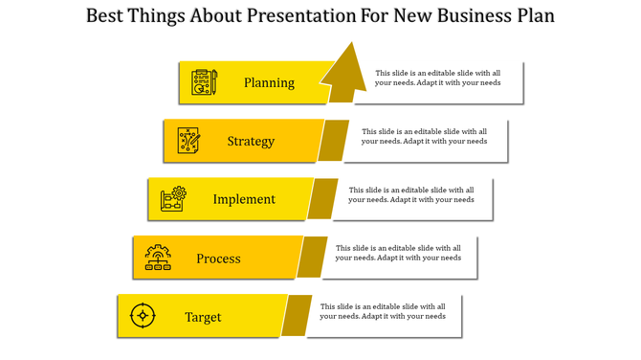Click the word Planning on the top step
pos(269,82)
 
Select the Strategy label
pos(251,142)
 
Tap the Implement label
pos(244,199)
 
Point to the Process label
pos(218,259)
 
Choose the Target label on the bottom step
pos(203,317)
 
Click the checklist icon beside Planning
pos(204,82)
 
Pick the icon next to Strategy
pos(188,141)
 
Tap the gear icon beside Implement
pos(173,199)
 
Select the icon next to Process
pos(158,259)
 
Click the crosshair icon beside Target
pos(143,315)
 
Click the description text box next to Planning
pos(437,78)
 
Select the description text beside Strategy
pos(424,136)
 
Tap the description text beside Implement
pos(410,194)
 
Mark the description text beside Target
pos(383,311)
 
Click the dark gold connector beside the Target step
pos(297,316)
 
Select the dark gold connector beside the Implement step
pos(323,199)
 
